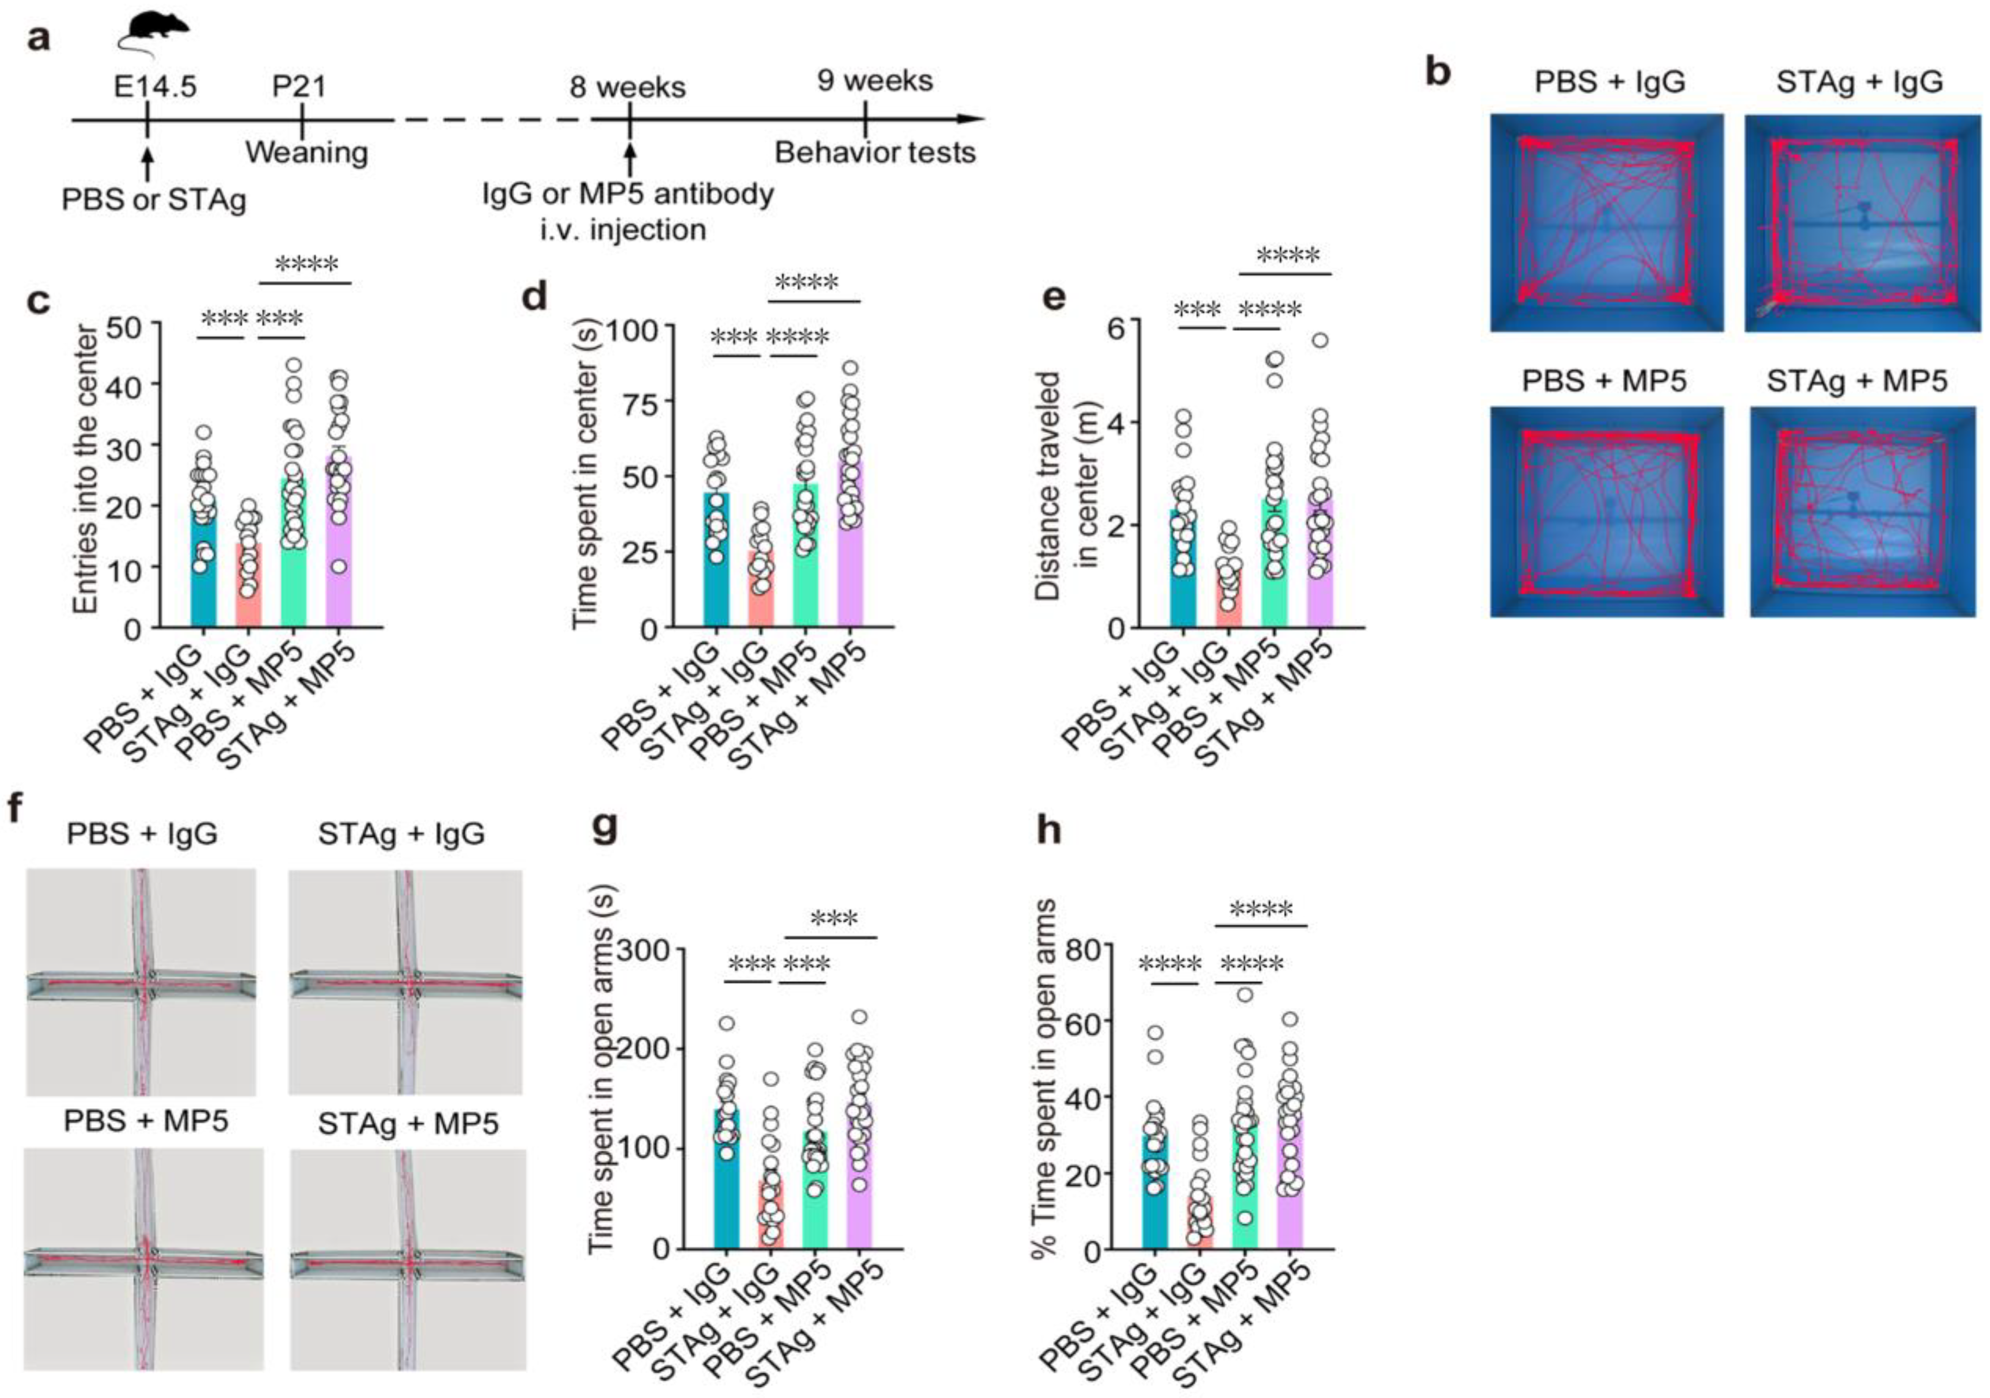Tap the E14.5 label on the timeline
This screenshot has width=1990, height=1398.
155,86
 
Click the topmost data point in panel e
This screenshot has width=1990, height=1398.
1320,340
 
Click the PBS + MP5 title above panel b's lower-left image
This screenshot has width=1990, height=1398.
1605,380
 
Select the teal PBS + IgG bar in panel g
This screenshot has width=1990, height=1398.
726,1196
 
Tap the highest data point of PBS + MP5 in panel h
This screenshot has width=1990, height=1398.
1245,994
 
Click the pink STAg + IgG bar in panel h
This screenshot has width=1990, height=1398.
1200,1231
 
